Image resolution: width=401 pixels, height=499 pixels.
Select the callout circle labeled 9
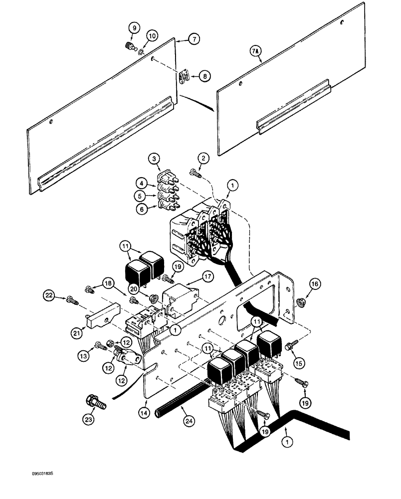(x=133, y=28)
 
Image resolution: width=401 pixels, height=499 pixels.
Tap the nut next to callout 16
(x=302, y=301)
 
